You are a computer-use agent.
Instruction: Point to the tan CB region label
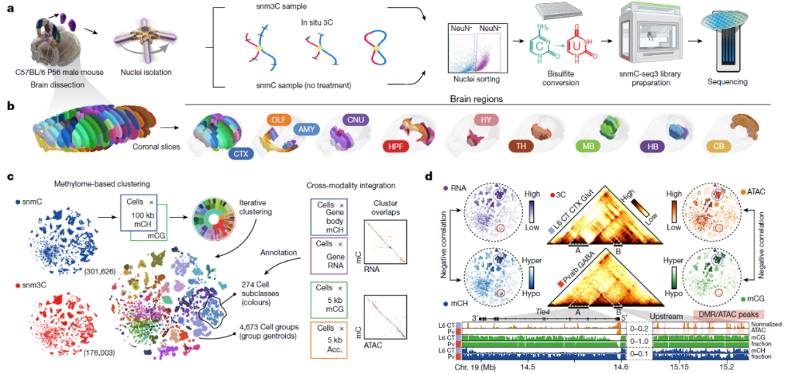point(721,146)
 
